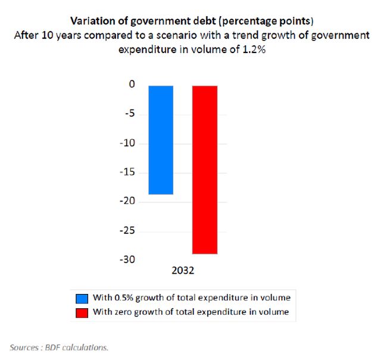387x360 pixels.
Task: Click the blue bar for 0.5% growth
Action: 161,140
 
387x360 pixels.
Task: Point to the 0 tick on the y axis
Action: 132,85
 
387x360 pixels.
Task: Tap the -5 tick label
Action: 129,114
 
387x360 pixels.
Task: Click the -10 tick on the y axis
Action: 127,143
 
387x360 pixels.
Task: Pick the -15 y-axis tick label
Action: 127,173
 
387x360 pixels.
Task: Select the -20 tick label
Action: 127,202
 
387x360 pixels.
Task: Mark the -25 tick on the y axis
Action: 127,231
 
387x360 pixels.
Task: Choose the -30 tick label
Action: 127,260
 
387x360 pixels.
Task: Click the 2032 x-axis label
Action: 183,271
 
